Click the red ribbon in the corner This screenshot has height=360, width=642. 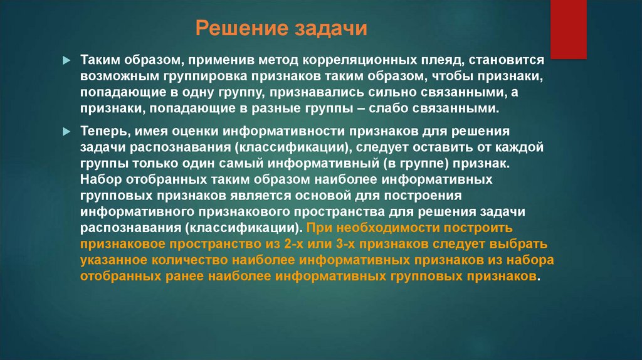pyautogui.click(x=569, y=28)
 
